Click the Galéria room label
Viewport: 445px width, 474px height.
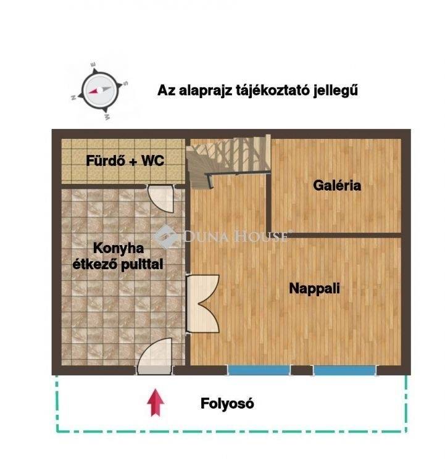point(337,185)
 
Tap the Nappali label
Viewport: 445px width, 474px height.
point(314,288)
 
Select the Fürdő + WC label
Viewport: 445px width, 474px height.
point(125,160)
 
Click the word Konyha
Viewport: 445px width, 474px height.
point(119,248)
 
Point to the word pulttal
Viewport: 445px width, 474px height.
point(142,265)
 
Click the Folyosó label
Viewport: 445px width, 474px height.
point(227,404)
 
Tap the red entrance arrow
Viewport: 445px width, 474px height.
point(156,402)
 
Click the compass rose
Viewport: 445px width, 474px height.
point(100,91)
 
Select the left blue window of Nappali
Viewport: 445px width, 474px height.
point(259,370)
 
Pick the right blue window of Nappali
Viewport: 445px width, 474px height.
point(344,370)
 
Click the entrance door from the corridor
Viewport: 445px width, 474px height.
point(154,356)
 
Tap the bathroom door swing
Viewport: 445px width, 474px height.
point(160,199)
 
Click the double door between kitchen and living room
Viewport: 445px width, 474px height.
point(202,304)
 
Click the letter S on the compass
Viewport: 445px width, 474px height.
point(126,83)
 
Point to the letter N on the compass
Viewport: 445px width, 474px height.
point(73,98)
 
